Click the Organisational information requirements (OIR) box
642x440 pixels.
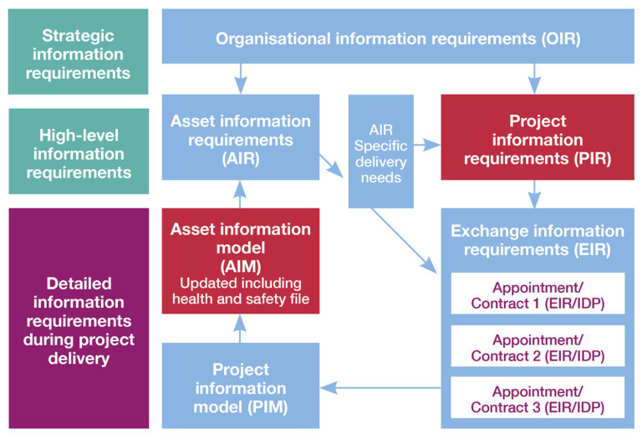pos(398,38)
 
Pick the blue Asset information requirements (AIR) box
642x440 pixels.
pos(241,138)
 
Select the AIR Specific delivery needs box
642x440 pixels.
pos(381,151)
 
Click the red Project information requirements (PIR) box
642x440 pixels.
pos(537,139)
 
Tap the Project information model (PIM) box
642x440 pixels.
pos(241,387)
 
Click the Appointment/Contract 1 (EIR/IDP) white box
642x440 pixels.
pos(538,294)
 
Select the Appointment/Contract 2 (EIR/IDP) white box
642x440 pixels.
pos(538,346)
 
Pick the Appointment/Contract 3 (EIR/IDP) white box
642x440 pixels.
pos(538,398)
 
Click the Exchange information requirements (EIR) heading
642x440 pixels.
pos(538,239)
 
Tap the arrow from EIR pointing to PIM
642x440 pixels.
pos(380,387)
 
